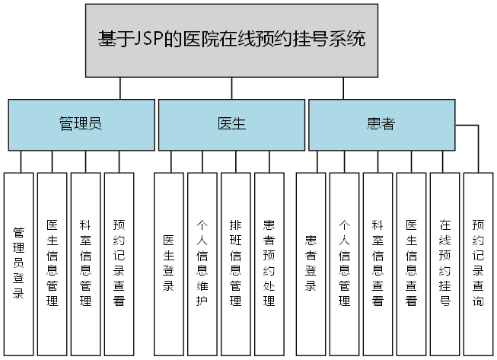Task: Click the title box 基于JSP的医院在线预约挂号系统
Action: (232, 40)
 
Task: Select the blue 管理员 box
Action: (81, 124)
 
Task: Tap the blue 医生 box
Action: (231, 124)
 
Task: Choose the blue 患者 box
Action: (381, 124)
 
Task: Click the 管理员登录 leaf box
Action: (19, 263)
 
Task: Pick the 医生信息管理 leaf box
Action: (53, 263)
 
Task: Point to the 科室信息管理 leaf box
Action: (86, 263)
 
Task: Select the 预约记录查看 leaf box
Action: (119, 263)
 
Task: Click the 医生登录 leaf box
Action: (169, 263)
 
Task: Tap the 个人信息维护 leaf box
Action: (202, 263)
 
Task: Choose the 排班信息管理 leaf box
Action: (236, 263)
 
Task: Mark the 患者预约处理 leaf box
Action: (269, 263)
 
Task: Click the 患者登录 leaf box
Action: (311, 263)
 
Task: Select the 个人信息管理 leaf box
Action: (344, 263)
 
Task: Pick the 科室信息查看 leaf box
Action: (378, 263)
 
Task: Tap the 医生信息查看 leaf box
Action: (411, 263)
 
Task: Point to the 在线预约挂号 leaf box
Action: (444, 263)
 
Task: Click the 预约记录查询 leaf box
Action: (478, 263)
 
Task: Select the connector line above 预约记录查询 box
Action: (478, 152)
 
